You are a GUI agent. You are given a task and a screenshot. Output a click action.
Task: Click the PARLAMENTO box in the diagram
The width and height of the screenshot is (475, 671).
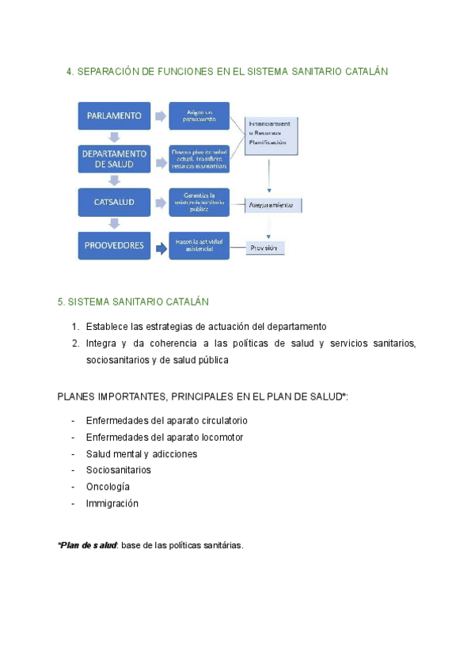(114, 116)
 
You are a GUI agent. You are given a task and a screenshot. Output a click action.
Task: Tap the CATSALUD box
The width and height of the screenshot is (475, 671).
(114, 202)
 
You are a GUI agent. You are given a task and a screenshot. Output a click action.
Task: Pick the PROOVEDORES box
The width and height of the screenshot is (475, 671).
(114, 245)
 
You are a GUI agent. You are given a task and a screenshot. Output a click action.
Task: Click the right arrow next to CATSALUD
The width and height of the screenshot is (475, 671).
(161, 203)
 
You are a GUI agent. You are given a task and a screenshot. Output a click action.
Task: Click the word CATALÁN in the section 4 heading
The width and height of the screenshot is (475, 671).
(367, 71)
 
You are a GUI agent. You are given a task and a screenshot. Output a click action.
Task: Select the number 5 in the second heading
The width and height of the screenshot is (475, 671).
(61, 302)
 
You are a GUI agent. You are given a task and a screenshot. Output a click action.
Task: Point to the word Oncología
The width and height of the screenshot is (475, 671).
(108, 487)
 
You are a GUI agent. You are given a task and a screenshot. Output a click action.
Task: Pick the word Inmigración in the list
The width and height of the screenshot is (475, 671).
(112, 503)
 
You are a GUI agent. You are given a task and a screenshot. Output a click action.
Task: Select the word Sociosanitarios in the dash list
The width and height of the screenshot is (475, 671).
(118, 470)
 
